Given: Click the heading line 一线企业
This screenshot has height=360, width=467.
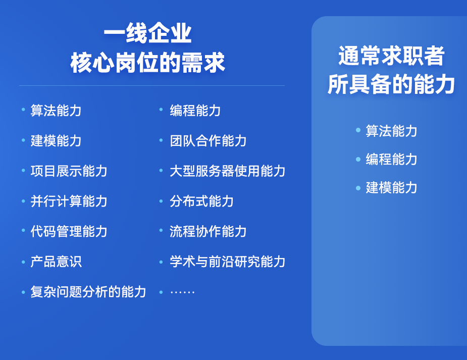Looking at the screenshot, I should [147, 34].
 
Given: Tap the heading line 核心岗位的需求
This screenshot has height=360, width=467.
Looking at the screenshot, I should [147, 63].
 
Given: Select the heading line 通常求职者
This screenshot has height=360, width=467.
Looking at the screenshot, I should [391, 56].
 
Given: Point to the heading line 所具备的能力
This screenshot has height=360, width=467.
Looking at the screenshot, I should [391, 84].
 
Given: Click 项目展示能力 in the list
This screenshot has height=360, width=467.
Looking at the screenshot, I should [69, 171].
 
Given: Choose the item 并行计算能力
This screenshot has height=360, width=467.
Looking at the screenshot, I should [69, 201].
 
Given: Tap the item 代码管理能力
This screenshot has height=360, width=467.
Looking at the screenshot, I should [69, 231].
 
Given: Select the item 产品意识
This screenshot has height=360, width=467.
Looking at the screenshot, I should [56, 262].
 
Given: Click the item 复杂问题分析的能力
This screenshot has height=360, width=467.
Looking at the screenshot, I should [88, 292].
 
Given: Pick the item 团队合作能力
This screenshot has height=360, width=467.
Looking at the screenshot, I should [208, 140].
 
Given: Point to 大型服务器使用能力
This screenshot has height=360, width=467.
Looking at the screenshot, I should [227, 171].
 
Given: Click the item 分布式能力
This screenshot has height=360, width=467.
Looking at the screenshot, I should [201, 201].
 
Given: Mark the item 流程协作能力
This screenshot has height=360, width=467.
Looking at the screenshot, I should [208, 231].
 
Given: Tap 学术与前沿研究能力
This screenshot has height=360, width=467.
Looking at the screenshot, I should [227, 262].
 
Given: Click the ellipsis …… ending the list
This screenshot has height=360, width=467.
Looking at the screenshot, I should [182, 292].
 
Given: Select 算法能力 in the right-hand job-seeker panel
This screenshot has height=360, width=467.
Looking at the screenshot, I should [391, 131].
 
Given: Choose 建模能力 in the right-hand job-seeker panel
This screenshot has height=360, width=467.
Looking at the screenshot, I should [391, 187].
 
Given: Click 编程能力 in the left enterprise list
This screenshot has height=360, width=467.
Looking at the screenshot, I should [195, 110].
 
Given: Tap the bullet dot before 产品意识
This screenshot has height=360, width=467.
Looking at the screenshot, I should [23, 262].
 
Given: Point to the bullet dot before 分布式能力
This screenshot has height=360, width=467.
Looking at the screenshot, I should [161, 201].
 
